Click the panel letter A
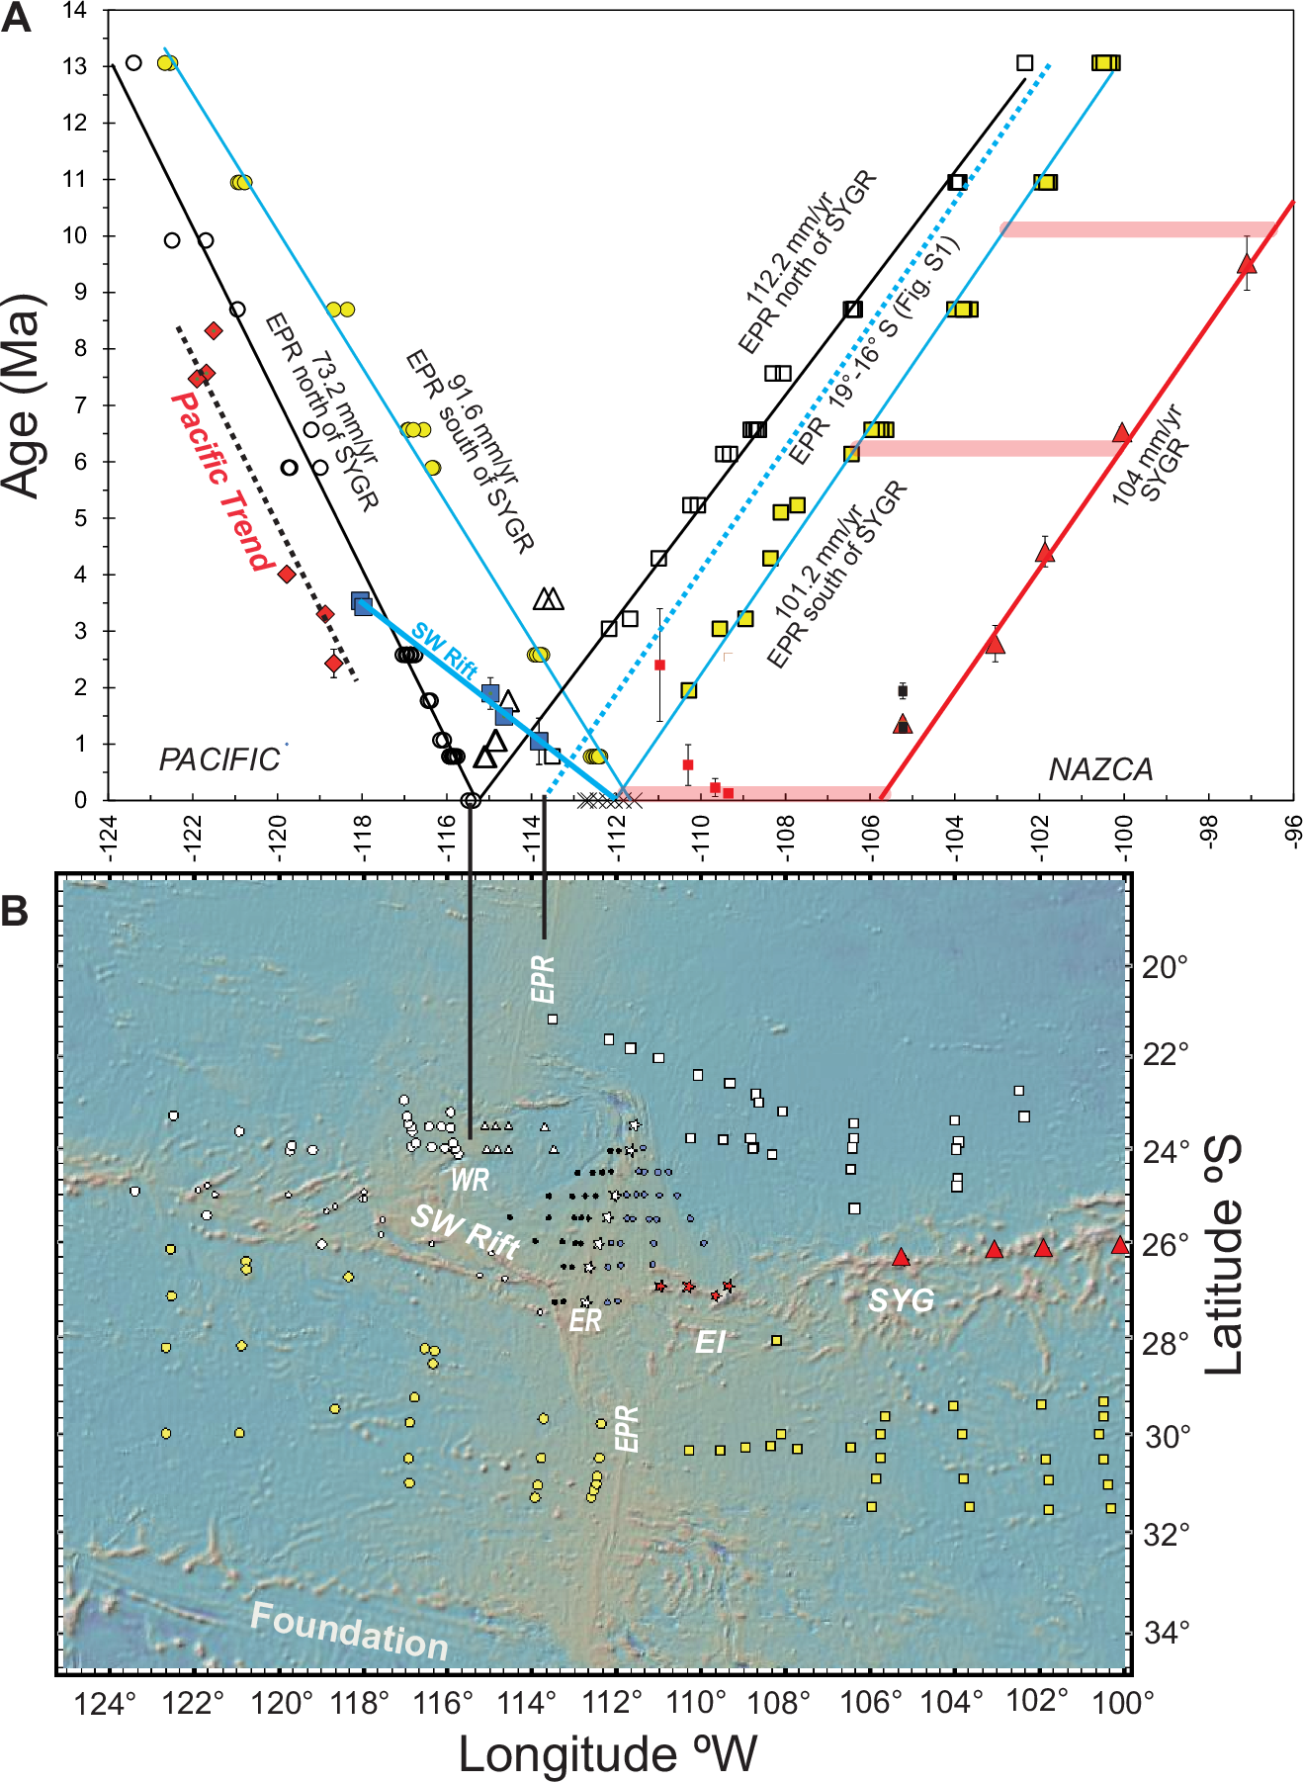pyautogui.click(x=17, y=19)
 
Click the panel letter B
pyautogui.click(x=15, y=910)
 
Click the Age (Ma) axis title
pyautogui.click(x=24, y=396)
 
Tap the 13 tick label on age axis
pyautogui.click(x=75, y=66)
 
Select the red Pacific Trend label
pyautogui.click(x=222, y=482)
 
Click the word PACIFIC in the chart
pyautogui.click(x=219, y=759)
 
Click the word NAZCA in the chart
pyautogui.click(x=1100, y=769)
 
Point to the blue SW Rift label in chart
pyautogui.click(x=444, y=650)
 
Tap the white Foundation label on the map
pyautogui.click(x=349, y=1631)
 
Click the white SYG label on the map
pyautogui.click(x=901, y=1299)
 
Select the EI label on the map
pyautogui.click(x=710, y=1342)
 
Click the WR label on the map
pyautogui.click(x=470, y=1179)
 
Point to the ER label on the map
pyautogui.click(x=584, y=1320)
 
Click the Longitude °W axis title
pyautogui.click(x=607, y=1754)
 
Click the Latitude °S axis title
pyautogui.click(x=1224, y=1256)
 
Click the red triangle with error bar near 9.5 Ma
pyautogui.click(x=1247, y=264)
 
